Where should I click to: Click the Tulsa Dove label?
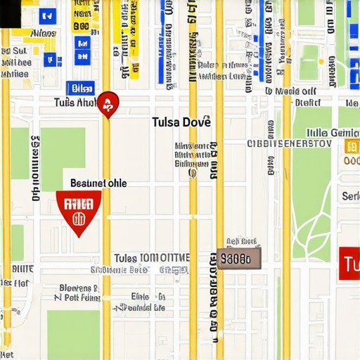coord(181,122)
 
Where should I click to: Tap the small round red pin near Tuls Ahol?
coord(108,104)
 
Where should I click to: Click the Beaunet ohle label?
coord(98,183)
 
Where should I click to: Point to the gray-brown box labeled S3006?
coord(238,259)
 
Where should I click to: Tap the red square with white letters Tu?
coord(349,264)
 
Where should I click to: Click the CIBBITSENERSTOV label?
coord(288,143)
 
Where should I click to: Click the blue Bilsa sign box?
coord(80,88)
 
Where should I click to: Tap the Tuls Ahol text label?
coord(75,103)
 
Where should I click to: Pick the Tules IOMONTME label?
coord(151,257)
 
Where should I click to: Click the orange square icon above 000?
coord(352,146)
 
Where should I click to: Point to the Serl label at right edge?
coord(350,196)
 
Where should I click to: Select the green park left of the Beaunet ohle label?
coord(63,158)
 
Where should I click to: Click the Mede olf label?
coord(290,91)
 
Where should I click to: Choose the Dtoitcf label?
coord(307,102)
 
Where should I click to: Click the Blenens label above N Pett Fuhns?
coord(79,288)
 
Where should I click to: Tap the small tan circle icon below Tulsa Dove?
coord(193,173)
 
